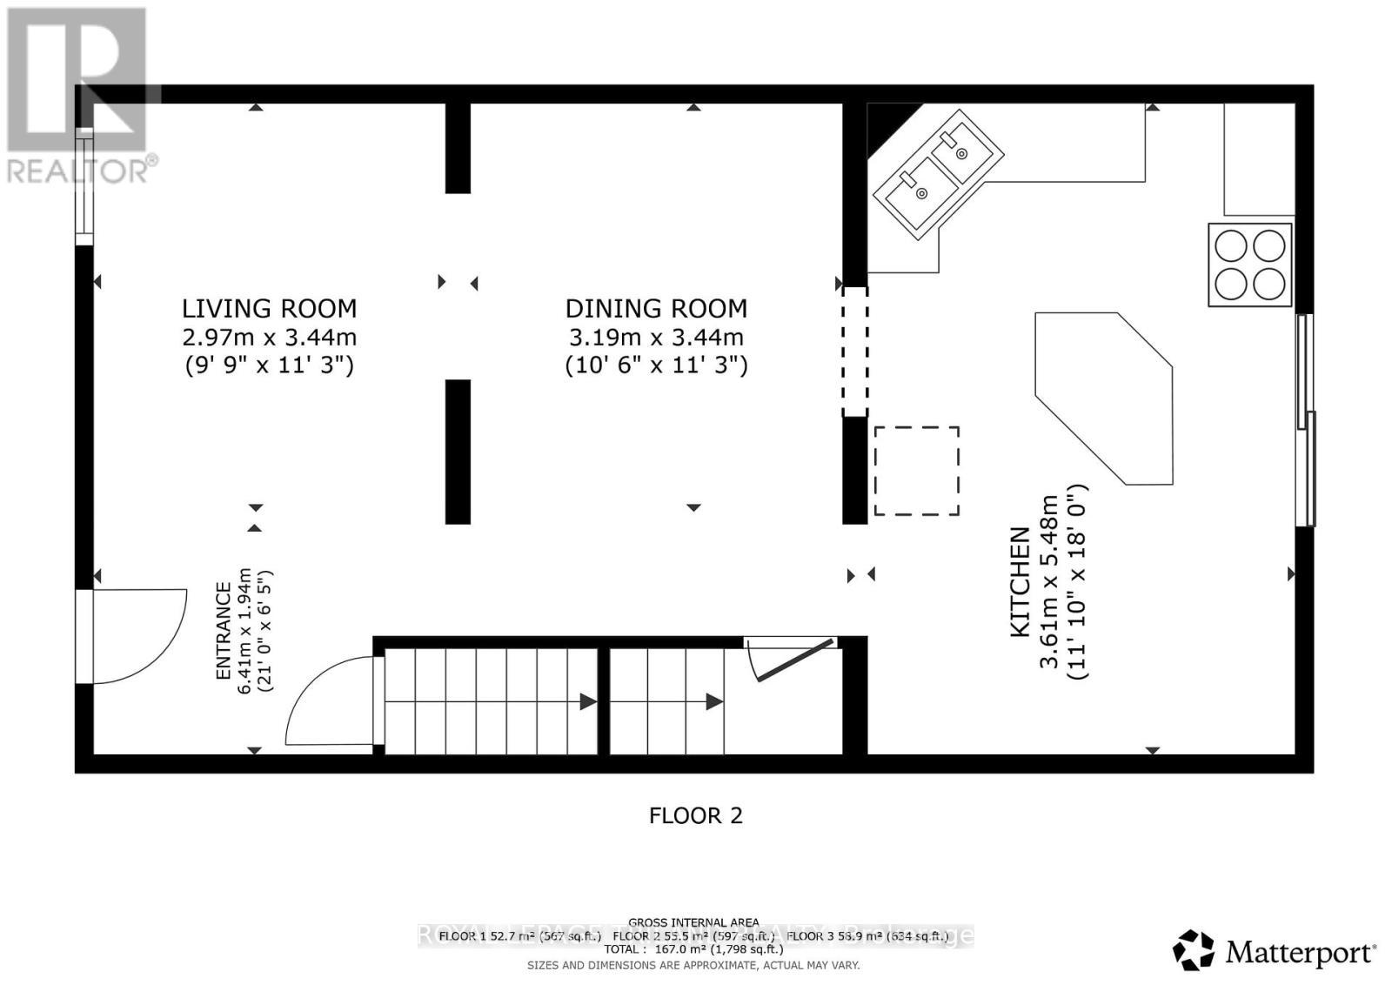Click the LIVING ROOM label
(x=269, y=309)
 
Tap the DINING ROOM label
(x=656, y=309)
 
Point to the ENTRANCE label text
(x=224, y=631)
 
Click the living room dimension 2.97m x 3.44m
(x=269, y=337)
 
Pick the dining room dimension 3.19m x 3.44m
(x=656, y=337)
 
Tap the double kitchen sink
(x=938, y=174)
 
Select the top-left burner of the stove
(x=1231, y=246)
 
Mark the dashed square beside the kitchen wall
(x=916, y=471)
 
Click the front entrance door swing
(x=139, y=635)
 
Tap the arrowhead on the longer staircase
(x=588, y=701)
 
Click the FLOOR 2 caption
(x=695, y=815)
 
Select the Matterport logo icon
(x=1193, y=950)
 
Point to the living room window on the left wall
(x=84, y=186)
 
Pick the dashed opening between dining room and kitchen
(x=854, y=352)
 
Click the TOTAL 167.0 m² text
(x=693, y=949)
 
